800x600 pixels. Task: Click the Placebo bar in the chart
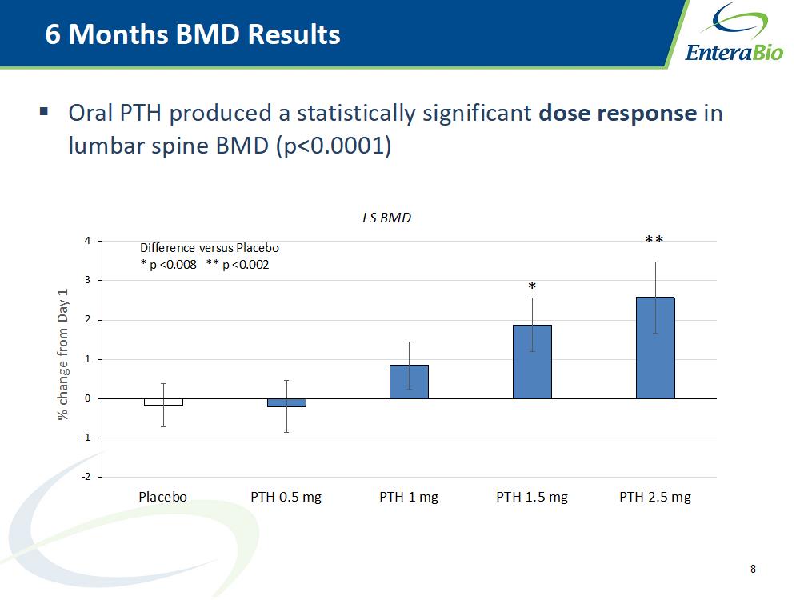(x=164, y=402)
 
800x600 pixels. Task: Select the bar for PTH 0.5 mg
(x=286, y=402)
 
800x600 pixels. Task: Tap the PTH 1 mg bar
(x=409, y=382)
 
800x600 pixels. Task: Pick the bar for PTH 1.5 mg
(x=532, y=362)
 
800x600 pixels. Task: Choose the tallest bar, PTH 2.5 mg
(x=655, y=348)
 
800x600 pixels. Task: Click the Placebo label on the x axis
(x=162, y=497)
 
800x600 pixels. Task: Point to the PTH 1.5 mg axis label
(x=532, y=497)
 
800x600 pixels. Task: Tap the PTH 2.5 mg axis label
(x=655, y=497)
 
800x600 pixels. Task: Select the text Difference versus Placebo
(x=210, y=248)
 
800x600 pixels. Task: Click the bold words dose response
(x=618, y=114)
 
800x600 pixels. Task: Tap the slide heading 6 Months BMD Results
(x=193, y=34)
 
